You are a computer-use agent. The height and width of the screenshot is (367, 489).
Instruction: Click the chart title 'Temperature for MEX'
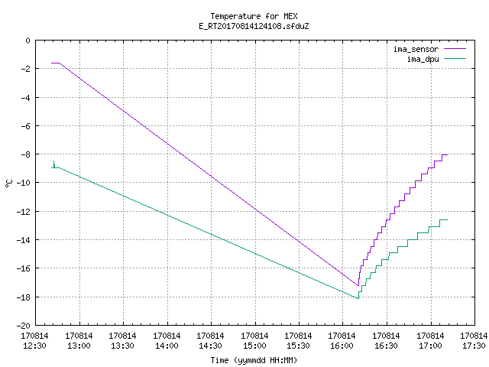(254, 16)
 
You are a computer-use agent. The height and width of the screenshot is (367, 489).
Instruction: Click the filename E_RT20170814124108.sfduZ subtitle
(254, 26)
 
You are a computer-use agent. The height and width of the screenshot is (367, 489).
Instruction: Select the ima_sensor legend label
(416, 49)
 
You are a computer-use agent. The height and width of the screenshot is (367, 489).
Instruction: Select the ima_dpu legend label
(423, 59)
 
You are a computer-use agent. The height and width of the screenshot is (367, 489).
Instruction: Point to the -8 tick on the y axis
(25, 154)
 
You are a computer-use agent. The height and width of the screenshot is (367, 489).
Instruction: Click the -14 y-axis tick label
(24, 240)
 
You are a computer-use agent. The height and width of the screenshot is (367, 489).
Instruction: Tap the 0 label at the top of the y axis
(28, 41)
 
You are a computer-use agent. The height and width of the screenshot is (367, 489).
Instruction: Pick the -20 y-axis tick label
(24, 326)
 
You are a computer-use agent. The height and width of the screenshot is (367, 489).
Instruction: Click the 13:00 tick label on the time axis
(79, 346)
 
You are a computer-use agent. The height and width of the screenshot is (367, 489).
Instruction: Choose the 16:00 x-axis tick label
(342, 346)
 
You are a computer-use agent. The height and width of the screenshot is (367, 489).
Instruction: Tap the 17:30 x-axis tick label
(474, 346)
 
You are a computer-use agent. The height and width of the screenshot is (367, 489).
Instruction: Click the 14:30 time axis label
(211, 346)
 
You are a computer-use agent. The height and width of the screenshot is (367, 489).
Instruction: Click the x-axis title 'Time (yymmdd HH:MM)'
(254, 360)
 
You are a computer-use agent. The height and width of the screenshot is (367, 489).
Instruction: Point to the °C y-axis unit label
(8, 183)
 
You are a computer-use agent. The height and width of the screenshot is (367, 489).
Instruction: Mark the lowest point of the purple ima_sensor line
(358, 285)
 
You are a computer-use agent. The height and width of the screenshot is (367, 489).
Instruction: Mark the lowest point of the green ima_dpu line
(358, 299)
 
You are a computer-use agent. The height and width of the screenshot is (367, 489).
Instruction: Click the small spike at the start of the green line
(54, 163)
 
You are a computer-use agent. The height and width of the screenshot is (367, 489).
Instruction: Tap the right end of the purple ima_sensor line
(447, 154)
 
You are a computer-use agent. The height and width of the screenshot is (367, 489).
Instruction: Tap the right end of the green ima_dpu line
(447, 220)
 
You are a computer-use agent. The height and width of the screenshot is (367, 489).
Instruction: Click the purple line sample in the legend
(455, 49)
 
